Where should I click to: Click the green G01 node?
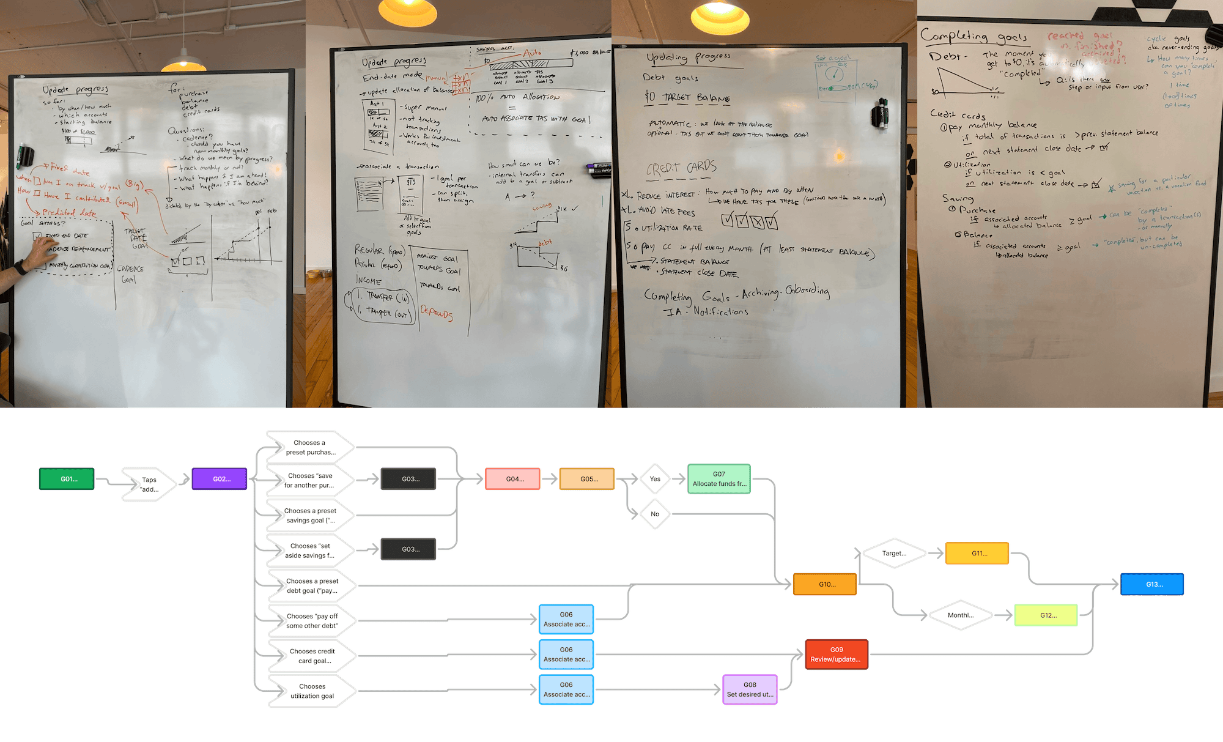tap(67, 479)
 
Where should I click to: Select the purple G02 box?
tap(220, 479)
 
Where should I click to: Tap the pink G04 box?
tap(513, 479)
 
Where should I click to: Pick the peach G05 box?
tap(587, 479)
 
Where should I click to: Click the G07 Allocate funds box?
tap(719, 479)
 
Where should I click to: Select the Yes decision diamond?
tap(655, 479)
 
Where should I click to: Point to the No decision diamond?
tap(655, 514)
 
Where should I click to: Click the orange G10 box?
tap(825, 584)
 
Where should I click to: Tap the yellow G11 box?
tap(977, 553)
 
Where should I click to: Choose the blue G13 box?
tap(1153, 584)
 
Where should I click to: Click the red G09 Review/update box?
tap(837, 655)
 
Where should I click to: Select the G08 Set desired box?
tap(750, 689)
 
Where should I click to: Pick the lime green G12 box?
tap(1046, 615)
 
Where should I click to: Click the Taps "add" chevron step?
tap(149, 484)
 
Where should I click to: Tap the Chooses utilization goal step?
tap(312, 691)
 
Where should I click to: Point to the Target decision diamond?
tap(894, 553)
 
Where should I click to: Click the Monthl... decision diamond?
tap(960, 615)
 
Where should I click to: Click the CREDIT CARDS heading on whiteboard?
tap(681, 168)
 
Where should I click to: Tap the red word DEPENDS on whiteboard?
tap(437, 313)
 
